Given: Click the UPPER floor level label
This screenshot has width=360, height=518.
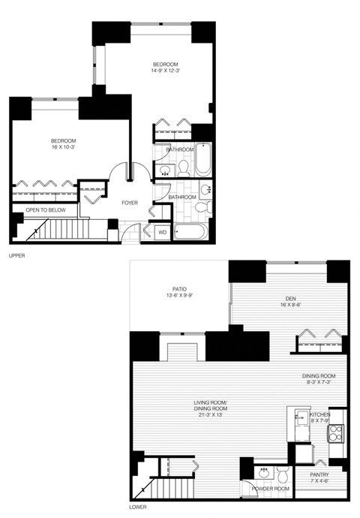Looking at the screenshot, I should (x=16, y=257).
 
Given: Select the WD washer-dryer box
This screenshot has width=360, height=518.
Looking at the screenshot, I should (x=161, y=232).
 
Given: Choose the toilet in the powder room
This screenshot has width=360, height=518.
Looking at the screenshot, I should (x=283, y=474).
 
